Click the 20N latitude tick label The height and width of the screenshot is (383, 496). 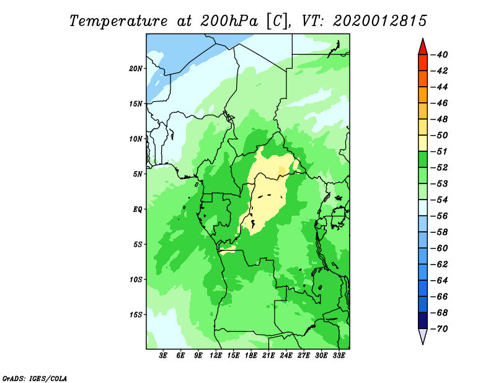136,69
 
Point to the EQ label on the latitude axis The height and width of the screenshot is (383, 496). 138,209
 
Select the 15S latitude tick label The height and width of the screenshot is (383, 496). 136,315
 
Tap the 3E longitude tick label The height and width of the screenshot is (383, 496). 163,355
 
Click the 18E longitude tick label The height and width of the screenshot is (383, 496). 251,355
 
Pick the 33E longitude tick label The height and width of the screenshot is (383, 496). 339,355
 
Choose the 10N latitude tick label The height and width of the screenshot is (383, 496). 136,139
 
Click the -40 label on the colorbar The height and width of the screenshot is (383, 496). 439,55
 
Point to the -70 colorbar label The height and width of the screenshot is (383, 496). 439,329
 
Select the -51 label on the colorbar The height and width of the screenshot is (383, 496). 439,151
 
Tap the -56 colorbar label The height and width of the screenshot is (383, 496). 439,216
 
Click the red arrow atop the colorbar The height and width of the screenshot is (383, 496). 423,47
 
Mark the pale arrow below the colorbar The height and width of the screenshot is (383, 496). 423,336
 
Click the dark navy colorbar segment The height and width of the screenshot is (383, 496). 423,320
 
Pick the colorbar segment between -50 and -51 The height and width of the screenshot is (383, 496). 423,143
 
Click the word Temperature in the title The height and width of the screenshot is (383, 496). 118,21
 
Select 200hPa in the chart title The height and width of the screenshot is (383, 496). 229,21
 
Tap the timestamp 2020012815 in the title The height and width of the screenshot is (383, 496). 380,21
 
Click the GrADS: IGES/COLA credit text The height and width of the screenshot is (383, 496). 35,379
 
